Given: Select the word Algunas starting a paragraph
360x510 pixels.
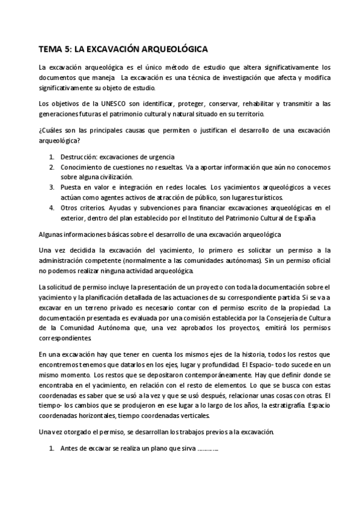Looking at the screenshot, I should pos(52,233).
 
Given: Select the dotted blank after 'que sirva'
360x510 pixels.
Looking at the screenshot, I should pos(207,449).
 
